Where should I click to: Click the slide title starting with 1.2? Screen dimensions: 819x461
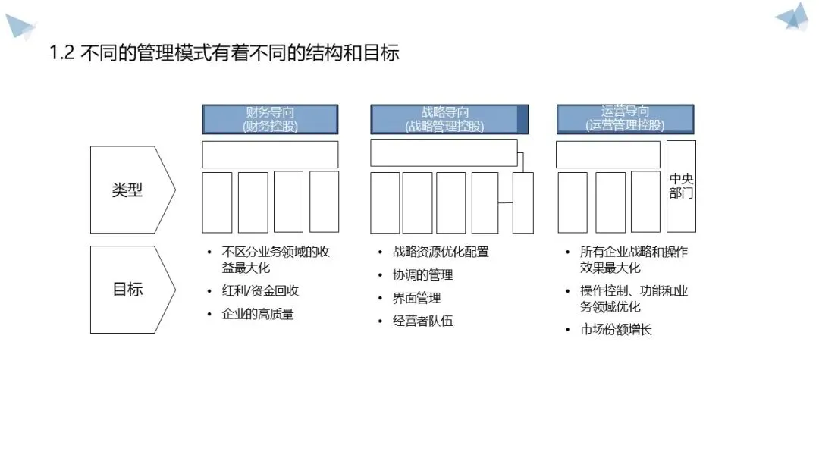[x=224, y=54]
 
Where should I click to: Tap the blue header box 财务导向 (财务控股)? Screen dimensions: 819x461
[x=270, y=120]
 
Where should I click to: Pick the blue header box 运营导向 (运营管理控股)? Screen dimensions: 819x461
[x=625, y=119]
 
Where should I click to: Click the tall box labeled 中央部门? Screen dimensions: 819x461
[x=681, y=187]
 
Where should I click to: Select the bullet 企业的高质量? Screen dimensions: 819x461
[x=257, y=314]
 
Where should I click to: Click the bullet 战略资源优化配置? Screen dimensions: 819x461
[x=441, y=252]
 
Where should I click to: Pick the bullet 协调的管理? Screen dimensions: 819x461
[x=422, y=275]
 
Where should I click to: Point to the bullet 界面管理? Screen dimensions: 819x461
[x=416, y=298]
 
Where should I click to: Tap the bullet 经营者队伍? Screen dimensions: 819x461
[x=422, y=321]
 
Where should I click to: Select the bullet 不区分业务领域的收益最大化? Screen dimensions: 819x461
[x=275, y=259]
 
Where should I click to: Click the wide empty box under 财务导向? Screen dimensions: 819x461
[x=270, y=154]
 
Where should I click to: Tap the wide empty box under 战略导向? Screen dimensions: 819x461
[x=444, y=152]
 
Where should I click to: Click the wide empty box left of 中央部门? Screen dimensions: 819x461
[x=608, y=154]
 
